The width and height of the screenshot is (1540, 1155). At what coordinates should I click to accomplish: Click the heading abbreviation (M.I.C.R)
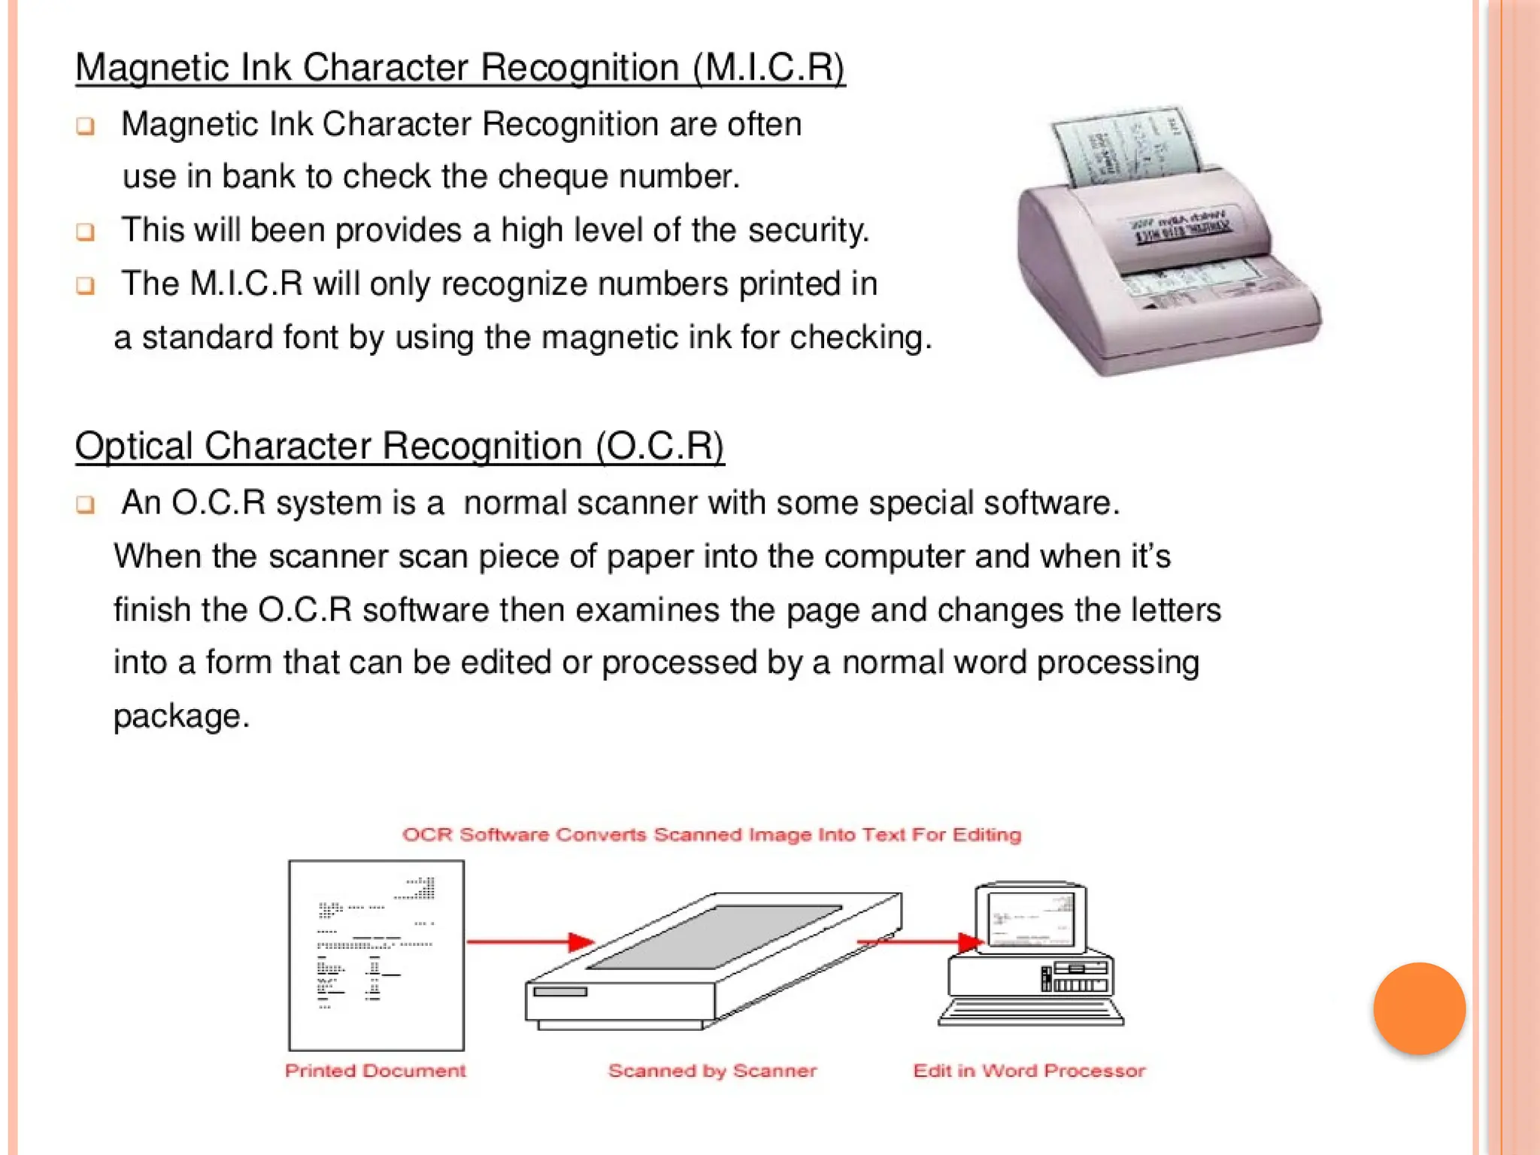tap(768, 68)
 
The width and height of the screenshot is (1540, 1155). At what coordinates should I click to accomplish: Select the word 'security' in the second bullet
tap(806, 231)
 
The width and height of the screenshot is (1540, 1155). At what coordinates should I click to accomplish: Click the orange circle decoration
tap(1419, 1008)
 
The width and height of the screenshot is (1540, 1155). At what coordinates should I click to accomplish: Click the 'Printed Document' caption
tap(375, 1071)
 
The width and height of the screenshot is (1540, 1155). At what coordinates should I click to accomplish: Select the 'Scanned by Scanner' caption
tap(712, 1071)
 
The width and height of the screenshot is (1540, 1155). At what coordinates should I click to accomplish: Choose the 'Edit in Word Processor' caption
tap(1029, 1071)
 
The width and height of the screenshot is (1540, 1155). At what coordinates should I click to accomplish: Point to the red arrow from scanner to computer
tap(921, 941)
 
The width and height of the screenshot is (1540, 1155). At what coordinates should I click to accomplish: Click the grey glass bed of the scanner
tap(714, 936)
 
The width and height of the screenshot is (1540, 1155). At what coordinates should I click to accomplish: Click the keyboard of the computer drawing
tap(1031, 1014)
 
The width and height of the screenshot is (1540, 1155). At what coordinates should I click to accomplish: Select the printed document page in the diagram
tap(376, 955)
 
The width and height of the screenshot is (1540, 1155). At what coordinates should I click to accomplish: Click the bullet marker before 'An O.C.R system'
tap(86, 504)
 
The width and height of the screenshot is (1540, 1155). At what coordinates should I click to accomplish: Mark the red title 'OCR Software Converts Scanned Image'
tap(711, 835)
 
